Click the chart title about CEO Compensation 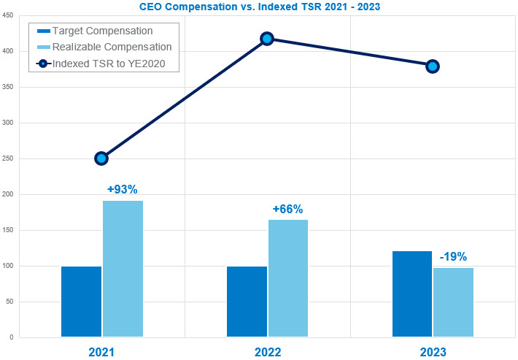pyautogui.click(x=258, y=7)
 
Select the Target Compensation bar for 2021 pyautogui.click(x=81, y=302)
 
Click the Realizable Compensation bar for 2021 pyautogui.click(x=123, y=269)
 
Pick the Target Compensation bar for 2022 pyautogui.click(x=247, y=302)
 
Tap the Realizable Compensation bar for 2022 pyautogui.click(x=288, y=278)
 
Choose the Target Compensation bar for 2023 pyautogui.click(x=412, y=294)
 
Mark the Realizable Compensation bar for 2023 pyautogui.click(x=453, y=302)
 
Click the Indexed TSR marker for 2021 pyautogui.click(x=101, y=158)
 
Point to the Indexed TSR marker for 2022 pyautogui.click(x=267, y=39)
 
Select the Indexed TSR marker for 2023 pyautogui.click(x=433, y=66)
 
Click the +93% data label pyautogui.click(x=122, y=189)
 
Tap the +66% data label pyautogui.click(x=287, y=209)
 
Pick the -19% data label pyautogui.click(x=453, y=257)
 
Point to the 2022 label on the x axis pyautogui.click(x=267, y=352)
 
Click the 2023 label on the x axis pyautogui.click(x=433, y=352)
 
